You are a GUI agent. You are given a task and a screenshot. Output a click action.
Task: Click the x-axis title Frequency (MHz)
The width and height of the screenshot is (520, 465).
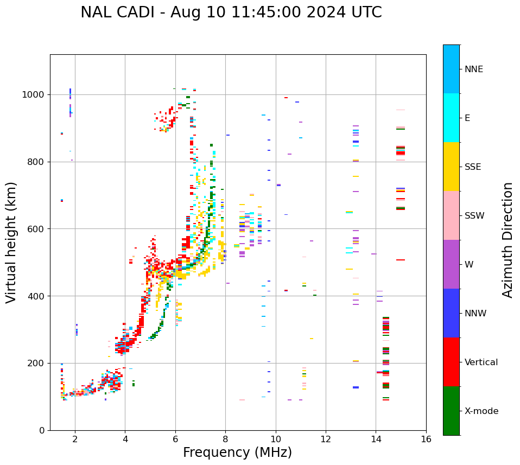[x=237, y=453]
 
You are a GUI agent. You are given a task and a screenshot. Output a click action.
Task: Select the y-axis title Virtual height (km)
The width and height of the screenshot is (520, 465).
[x=11, y=242]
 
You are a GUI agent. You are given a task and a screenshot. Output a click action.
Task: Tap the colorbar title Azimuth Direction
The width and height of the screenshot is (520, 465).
[x=508, y=239]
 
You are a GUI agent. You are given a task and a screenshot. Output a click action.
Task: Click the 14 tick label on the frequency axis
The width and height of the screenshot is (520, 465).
[x=376, y=439]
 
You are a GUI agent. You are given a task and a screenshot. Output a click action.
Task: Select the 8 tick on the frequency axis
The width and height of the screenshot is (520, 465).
[x=225, y=439]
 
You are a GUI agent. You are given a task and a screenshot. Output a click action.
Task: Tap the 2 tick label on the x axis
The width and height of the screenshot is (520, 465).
[x=75, y=439]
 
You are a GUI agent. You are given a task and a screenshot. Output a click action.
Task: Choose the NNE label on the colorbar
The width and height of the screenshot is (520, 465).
[x=473, y=69]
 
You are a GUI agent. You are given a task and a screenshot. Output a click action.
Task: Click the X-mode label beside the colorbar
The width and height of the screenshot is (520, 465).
[x=481, y=411]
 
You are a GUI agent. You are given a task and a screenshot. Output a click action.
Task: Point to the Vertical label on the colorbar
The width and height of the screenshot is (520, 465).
[x=481, y=362]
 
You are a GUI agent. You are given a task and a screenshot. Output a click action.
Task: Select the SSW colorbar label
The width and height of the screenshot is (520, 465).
[x=474, y=216]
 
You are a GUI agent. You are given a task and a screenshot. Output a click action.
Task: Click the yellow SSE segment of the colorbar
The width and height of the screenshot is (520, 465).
[x=451, y=167]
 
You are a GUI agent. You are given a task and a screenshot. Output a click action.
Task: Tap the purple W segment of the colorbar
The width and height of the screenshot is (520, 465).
[x=451, y=264]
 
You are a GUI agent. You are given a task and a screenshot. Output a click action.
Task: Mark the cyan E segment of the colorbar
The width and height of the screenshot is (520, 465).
[x=451, y=118]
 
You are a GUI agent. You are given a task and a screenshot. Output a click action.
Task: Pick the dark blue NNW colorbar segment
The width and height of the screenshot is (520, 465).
[x=451, y=313]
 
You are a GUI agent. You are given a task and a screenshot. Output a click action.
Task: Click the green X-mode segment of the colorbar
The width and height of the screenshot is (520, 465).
[x=451, y=411]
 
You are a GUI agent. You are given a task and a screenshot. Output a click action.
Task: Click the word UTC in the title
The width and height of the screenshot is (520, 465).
[x=366, y=12]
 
